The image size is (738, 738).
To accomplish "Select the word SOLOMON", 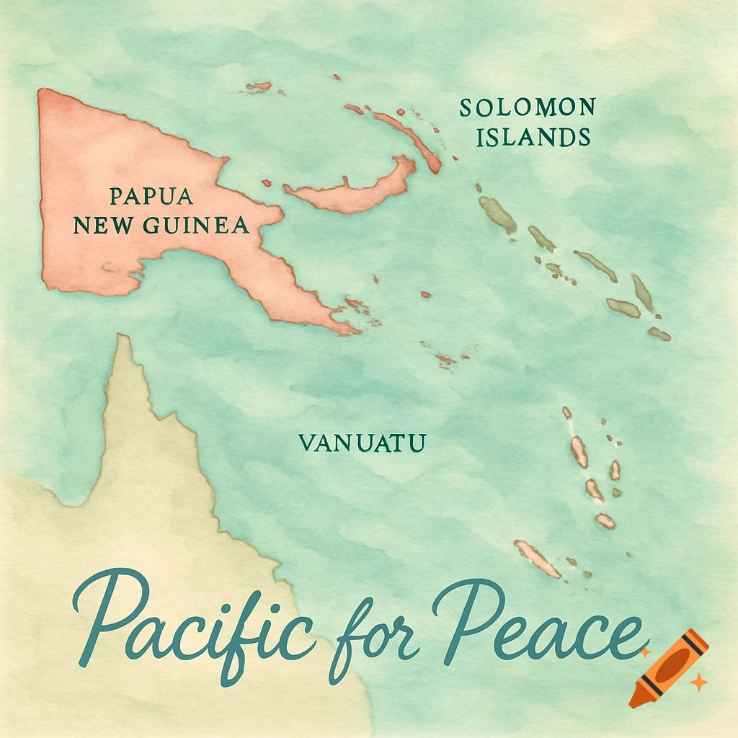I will click(x=527, y=109).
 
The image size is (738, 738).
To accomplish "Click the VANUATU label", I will click(x=362, y=443).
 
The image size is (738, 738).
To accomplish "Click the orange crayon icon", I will click(x=668, y=666).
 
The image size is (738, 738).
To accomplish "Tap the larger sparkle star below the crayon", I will click(x=698, y=682).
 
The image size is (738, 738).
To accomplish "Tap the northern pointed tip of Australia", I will click(x=124, y=342).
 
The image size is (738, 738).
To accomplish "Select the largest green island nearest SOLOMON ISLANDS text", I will click(x=497, y=213).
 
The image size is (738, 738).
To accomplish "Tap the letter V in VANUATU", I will click(x=305, y=443).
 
